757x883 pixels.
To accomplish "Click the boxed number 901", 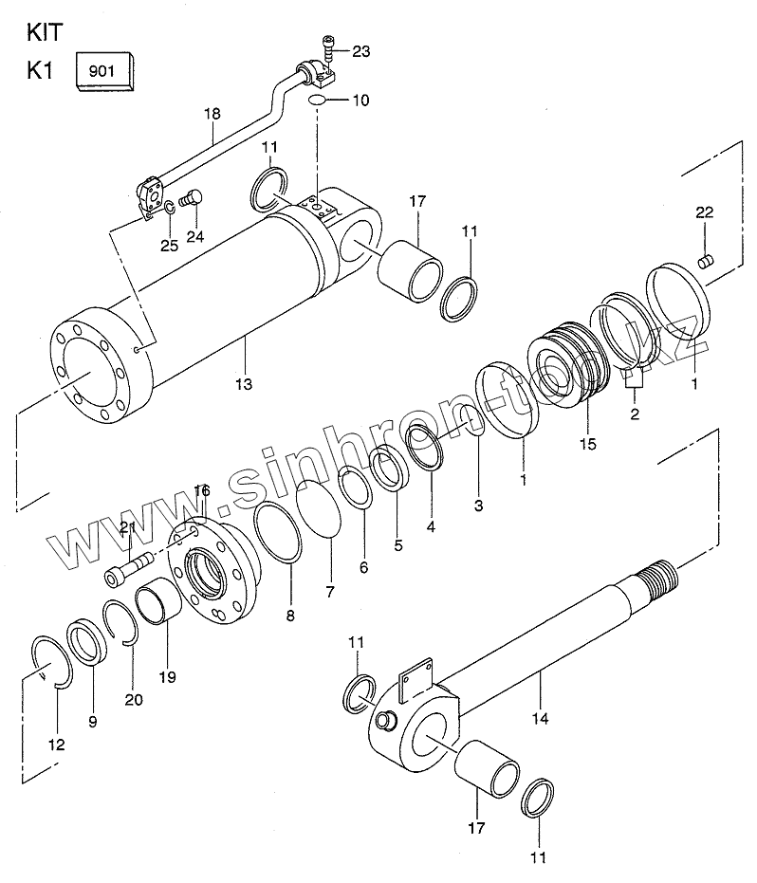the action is [x=102, y=71].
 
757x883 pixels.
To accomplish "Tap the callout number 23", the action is [x=361, y=52].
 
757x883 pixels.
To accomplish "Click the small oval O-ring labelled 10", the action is [x=317, y=101].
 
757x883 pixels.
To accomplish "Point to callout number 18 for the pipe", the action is [x=212, y=114].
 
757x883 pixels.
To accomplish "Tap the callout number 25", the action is [x=169, y=246].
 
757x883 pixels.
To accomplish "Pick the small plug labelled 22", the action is [x=706, y=261].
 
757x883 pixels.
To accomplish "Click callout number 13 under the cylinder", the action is [x=244, y=385].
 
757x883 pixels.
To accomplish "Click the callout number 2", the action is [x=635, y=414].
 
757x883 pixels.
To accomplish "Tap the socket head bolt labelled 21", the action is [x=130, y=569].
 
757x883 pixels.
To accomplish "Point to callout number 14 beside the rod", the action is [x=540, y=719].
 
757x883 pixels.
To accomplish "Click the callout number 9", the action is [x=92, y=722].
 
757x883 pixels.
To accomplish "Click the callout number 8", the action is [x=290, y=616].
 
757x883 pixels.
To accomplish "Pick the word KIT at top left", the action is [x=46, y=32].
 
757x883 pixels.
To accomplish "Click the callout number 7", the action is [x=330, y=592].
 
